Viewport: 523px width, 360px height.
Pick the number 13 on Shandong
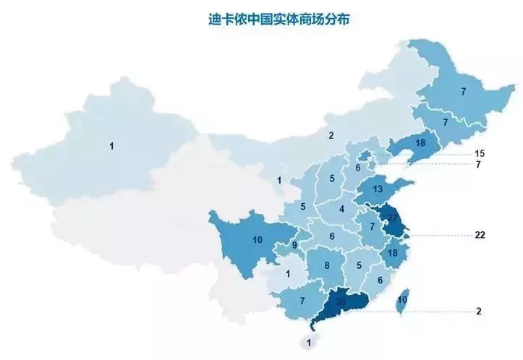tap(378, 189)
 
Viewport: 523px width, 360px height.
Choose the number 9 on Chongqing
tap(295, 245)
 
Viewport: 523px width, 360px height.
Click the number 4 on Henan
tap(341, 209)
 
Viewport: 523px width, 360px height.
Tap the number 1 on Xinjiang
tap(111, 146)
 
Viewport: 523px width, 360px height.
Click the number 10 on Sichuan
tap(257, 239)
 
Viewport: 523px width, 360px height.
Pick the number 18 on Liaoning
tap(420, 143)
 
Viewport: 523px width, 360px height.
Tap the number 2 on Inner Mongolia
tap(331, 135)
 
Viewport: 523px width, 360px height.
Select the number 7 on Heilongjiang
tap(463, 92)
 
